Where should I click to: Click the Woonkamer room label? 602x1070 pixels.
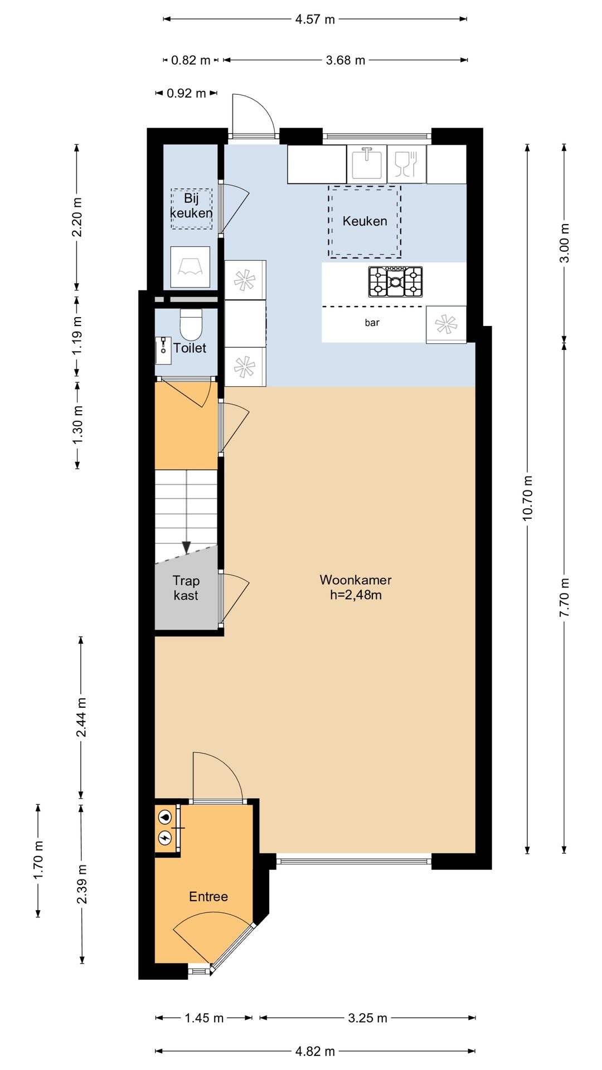(356, 580)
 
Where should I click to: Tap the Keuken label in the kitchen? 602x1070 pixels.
(365, 221)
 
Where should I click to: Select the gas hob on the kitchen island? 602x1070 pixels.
(395, 281)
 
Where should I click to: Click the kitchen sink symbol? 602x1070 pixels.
(367, 163)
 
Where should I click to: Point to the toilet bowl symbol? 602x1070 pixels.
(191, 324)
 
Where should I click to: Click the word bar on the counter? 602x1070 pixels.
(372, 323)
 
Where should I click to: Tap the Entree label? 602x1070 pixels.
(208, 897)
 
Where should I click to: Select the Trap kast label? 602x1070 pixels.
(186, 588)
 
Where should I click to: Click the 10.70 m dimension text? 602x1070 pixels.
(527, 498)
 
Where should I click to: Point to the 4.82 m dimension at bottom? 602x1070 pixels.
(315, 1051)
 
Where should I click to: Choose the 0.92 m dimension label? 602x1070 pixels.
(186, 93)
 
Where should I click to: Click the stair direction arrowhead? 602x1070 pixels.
(186, 547)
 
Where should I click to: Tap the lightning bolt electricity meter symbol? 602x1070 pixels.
(165, 838)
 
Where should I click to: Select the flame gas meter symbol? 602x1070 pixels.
(165, 818)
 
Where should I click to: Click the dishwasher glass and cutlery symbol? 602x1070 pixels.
(406, 164)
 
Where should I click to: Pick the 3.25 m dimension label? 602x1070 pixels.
(367, 1018)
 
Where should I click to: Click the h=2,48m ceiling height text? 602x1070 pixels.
(356, 595)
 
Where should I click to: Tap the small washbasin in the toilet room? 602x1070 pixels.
(163, 350)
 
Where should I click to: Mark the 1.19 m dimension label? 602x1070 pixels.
(77, 335)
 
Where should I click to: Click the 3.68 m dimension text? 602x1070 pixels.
(346, 60)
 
